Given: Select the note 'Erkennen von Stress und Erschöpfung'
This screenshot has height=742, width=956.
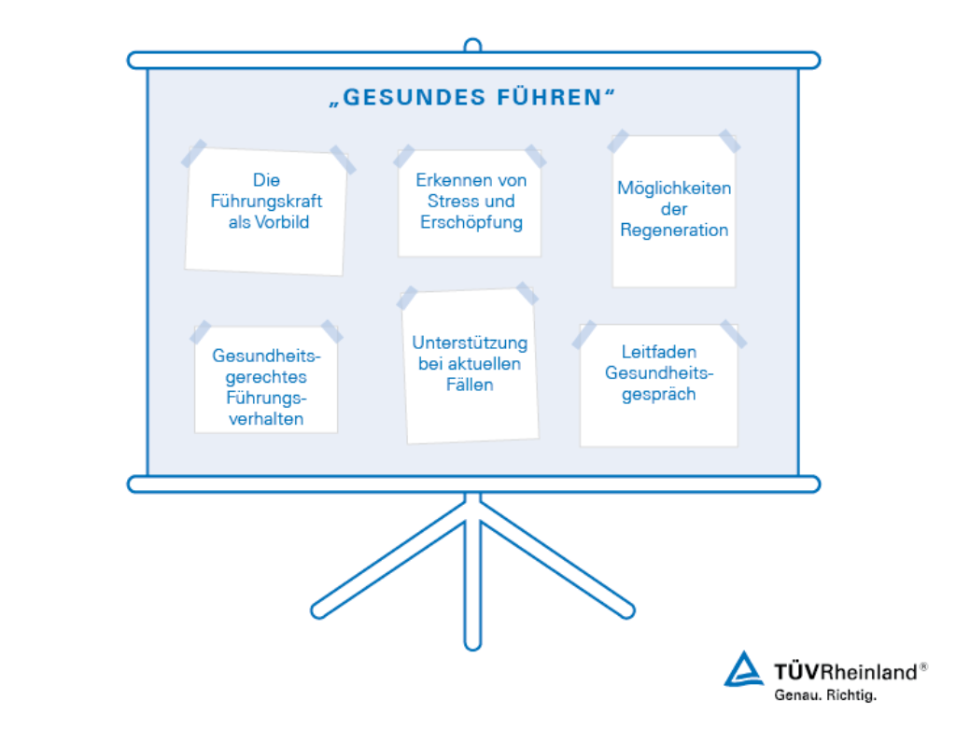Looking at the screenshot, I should pyautogui.click(x=470, y=203).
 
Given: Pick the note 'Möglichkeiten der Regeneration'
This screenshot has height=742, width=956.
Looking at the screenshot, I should pyautogui.click(x=674, y=211).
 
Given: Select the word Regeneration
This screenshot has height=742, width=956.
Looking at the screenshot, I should pyautogui.click(x=674, y=231).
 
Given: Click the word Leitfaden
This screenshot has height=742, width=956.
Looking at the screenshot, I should pyautogui.click(x=659, y=353).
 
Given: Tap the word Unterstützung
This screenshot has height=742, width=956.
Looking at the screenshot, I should pyautogui.click(x=470, y=343).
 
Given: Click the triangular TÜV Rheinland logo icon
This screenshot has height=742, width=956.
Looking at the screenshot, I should pyautogui.click(x=743, y=669).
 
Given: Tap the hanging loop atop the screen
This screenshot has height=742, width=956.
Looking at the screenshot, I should pyautogui.click(x=472, y=45).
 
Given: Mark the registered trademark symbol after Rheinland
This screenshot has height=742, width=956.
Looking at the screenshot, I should pyautogui.click(x=923, y=666).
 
